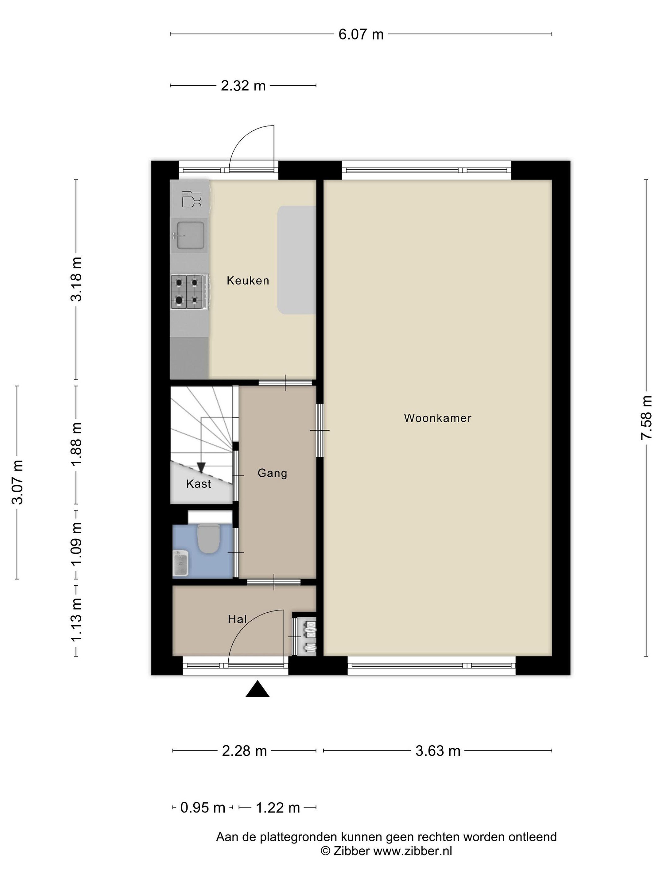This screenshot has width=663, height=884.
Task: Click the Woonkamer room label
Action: pos(438,418)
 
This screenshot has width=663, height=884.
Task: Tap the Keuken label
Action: pos(248,281)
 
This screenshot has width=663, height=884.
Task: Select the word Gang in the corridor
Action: pos(273,474)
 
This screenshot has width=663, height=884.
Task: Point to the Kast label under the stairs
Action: pos(199,484)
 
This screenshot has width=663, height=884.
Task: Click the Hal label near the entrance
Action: pos(237,619)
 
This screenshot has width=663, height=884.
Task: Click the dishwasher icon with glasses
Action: pos(191,199)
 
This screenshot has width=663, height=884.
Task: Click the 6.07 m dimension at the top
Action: pos(361,34)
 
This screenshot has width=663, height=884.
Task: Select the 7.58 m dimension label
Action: pos(646,418)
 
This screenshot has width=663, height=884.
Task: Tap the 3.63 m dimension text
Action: pos(438,751)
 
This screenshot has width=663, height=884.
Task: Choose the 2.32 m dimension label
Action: pos(243,86)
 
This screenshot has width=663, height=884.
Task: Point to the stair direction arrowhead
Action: pos(201,467)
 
